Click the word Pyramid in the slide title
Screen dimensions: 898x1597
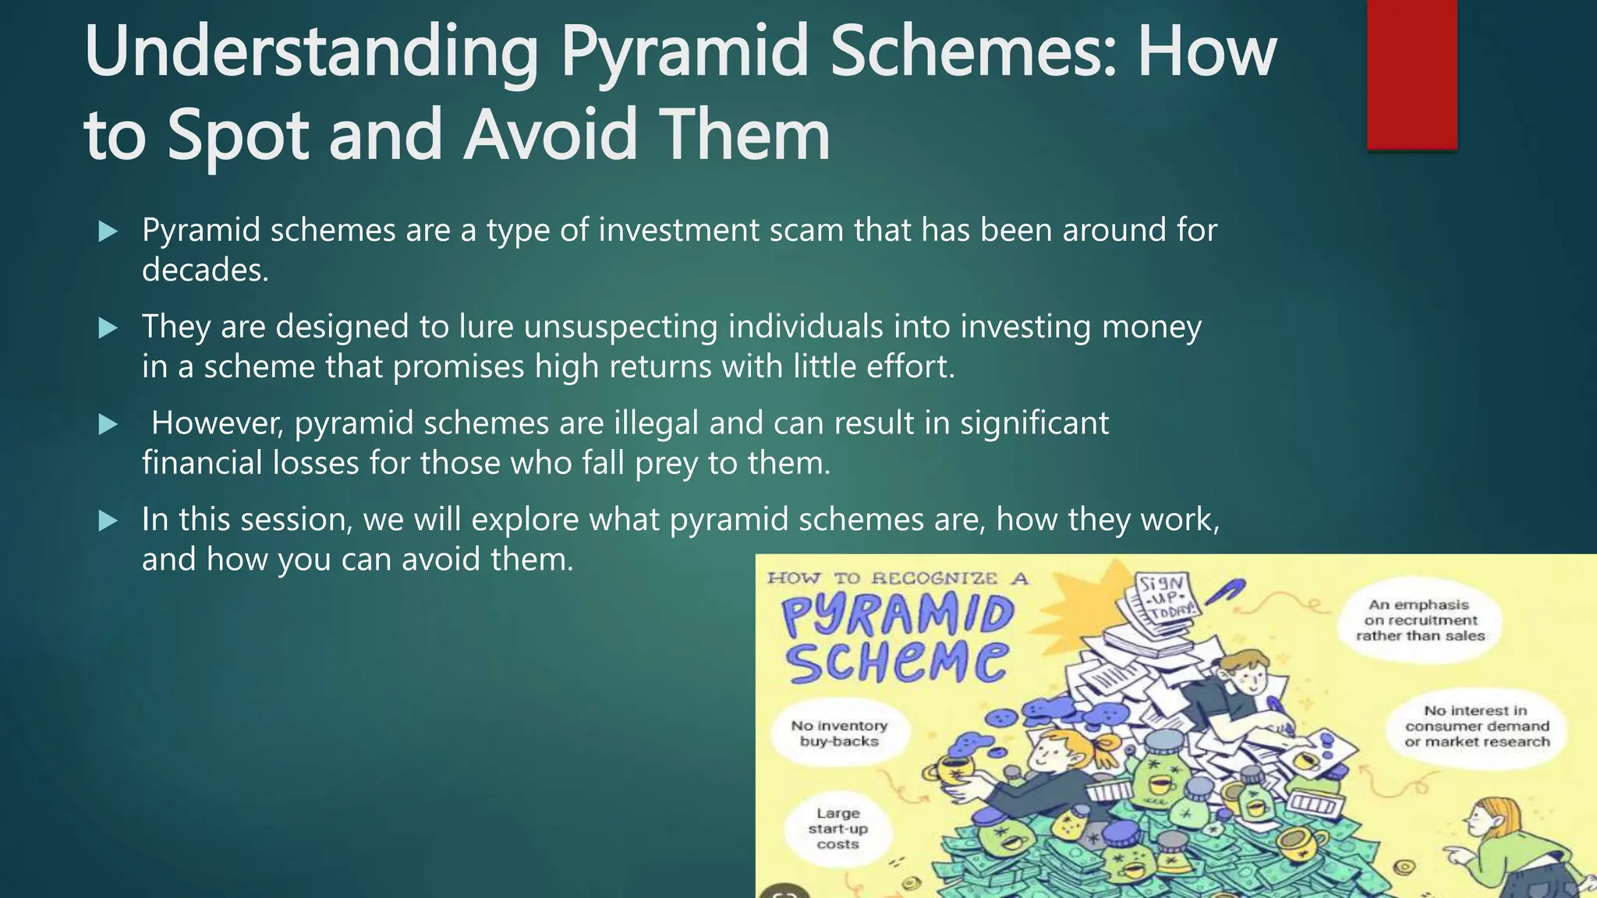coord(685,53)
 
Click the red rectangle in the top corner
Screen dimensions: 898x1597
coord(1411,74)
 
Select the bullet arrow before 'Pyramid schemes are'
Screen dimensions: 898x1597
coord(108,232)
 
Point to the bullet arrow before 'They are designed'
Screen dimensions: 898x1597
coord(108,328)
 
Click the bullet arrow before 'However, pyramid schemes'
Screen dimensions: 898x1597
coord(108,425)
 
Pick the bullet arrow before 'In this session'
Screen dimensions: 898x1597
coord(108,521)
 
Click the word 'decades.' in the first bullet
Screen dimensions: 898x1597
coord(205,270)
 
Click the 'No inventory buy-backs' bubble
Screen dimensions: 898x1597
coord(839,734)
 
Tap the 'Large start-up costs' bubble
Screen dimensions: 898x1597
coord(837,829)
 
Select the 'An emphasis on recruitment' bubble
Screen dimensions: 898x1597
coord(1420,620)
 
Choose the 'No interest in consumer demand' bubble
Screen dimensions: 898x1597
coord(1476,727)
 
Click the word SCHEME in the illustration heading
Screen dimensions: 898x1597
coord(896,661)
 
